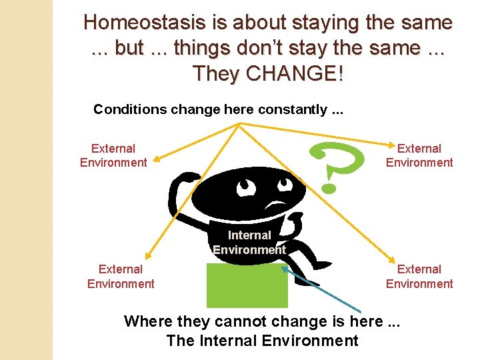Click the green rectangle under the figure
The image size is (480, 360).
pyautogui.click(x=247, y=285)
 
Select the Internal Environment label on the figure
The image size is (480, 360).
pyautogui.click(x=249, y=243)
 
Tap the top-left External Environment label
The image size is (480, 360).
pyautogui.click(x=113, y=155)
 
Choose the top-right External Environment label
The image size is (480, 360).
pyautogui.click(x=419, y=155)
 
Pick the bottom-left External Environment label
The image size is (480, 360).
pyautogui.click(x=121, y=277)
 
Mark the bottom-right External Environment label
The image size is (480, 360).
pyautogui.click(x=419, y=277)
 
